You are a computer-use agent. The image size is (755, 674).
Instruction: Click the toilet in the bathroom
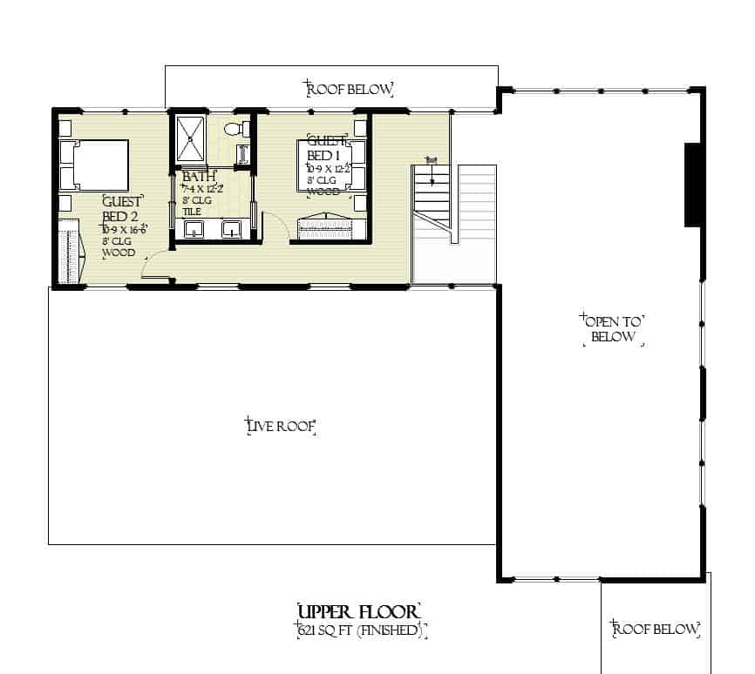tap(235, 130)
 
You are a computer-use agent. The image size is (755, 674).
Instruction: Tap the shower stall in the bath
tap(189, 138)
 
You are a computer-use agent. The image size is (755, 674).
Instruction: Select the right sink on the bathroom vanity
tap(231, 230)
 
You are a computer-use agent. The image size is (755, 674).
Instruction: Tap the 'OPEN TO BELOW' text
tap(613, 327)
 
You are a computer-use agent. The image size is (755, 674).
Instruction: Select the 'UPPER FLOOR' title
tap(359, 610)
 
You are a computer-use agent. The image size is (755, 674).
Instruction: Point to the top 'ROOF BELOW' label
tap(349, 89)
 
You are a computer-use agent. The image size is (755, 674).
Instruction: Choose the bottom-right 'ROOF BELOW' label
tap(656, 629)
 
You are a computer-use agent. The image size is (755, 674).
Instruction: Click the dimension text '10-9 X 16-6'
tap(123, 229)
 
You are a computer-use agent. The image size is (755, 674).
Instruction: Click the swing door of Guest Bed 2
tap(155, 266)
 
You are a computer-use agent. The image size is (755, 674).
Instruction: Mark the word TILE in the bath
tap(191, 212)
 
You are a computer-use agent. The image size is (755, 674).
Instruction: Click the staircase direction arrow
tap(431, 172)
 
